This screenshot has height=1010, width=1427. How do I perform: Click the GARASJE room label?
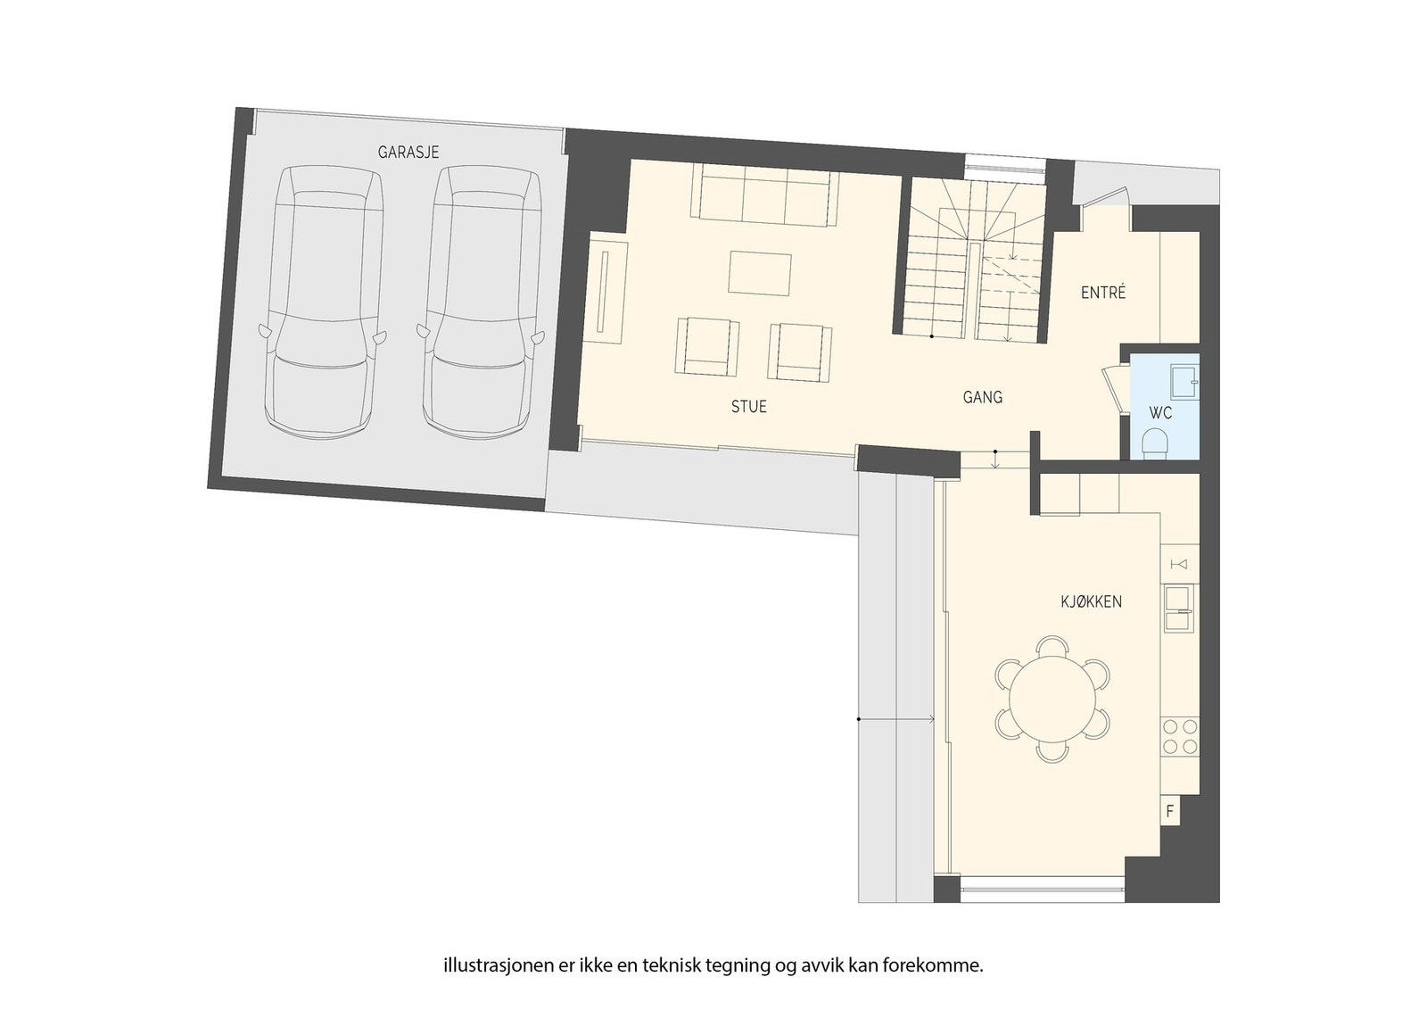[408, 153]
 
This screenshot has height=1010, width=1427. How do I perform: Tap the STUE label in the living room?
[748, 407]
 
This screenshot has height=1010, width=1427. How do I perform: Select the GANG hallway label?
[982, 397]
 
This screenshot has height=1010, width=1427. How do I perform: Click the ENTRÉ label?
[1103, 293]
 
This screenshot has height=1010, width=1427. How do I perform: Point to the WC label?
[1160, 414]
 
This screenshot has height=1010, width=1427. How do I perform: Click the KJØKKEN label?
[1091, 602]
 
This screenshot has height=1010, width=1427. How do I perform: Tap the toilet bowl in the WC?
[1155, 442]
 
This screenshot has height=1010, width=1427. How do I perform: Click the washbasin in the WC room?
[1184, 379]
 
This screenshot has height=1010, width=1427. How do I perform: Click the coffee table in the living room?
[759, 273]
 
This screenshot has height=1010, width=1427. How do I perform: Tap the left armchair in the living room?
[706, 347]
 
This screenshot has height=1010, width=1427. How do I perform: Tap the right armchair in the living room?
[800, 350]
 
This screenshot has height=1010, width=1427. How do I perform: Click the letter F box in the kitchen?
[1169, 812]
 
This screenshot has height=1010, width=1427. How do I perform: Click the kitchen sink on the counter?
[1178, 608]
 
